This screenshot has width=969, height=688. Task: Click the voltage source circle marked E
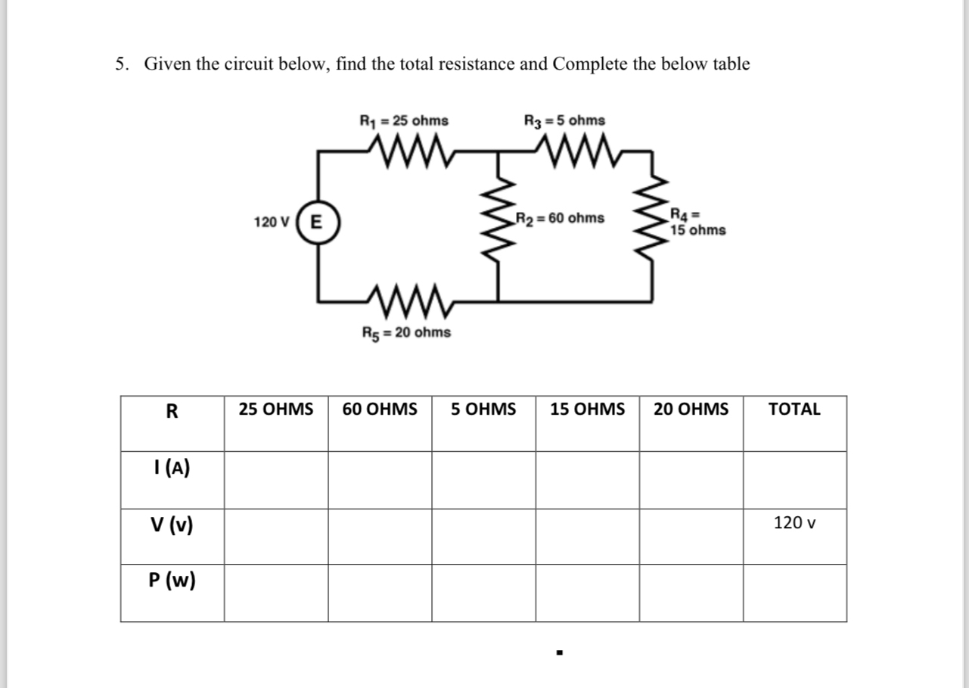[316, 223]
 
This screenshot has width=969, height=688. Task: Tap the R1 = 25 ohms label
[403, 120]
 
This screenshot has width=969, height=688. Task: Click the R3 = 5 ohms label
[564, 120]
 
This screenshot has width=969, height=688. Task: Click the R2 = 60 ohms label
[560, 219]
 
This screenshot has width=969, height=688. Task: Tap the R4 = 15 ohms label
[697, 224]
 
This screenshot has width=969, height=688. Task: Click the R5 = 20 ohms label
[406, 332]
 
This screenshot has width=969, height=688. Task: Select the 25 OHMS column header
[276, 409]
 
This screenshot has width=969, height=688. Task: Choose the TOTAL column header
[794, 409]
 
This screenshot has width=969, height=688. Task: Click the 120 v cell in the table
[794, 522]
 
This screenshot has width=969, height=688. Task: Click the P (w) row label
[172, 581]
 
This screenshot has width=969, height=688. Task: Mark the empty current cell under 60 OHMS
[380, 480]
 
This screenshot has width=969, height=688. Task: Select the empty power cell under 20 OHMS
[691, 593]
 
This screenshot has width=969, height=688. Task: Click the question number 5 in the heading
[120, 64]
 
